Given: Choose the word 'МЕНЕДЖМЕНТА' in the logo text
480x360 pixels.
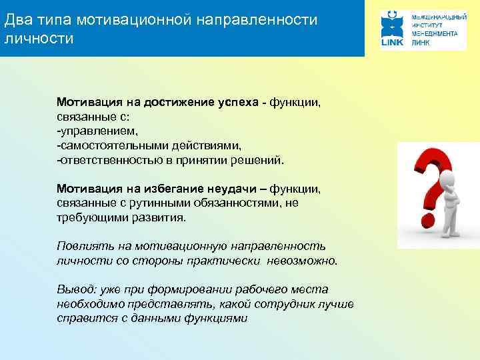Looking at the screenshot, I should coord(437,31).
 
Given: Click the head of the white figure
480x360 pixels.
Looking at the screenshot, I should coord(449,178).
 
